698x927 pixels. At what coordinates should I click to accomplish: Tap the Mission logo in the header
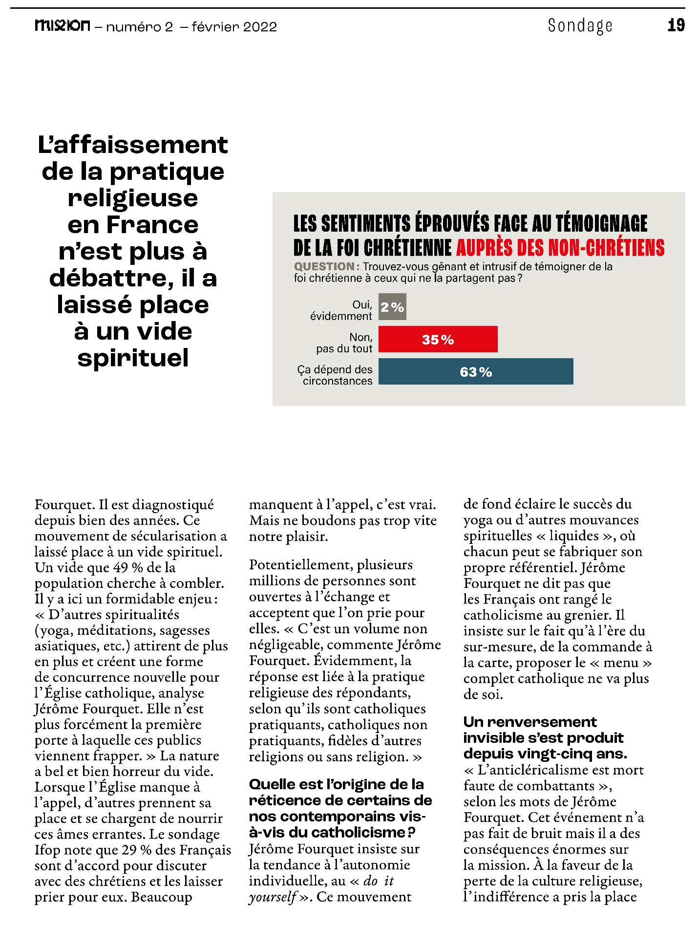tap(62, 25)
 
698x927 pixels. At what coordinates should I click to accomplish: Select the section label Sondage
tap(580, 25)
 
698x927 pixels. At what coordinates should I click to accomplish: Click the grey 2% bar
tap(392, 307)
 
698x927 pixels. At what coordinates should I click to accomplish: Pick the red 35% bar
tap(438, 339)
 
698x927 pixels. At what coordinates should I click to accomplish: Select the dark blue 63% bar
tap(475, 372)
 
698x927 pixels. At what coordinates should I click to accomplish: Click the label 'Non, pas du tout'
tap(344, 343)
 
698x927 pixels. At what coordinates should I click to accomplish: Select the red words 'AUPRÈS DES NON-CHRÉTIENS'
tap(560, 248)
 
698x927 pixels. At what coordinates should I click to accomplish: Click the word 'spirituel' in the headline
tap(133, 358)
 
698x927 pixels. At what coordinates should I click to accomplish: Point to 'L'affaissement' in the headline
tap(133, 145)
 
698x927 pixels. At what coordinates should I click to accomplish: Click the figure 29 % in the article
tap(136, 850)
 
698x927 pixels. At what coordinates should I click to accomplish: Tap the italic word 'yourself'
tap(273, 897)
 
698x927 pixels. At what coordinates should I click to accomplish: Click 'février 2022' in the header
tap(234, 26)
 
